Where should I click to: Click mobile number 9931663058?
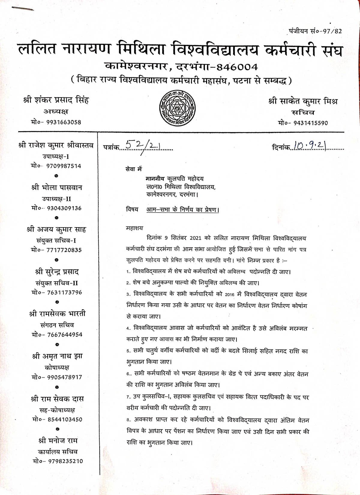[x=64, y=122]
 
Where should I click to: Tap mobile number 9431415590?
[x=310, y=123]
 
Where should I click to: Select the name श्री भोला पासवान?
[x=56, y=187]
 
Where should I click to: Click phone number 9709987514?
[x=64, y=166]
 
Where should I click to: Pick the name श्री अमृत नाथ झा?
[x=57, y=356]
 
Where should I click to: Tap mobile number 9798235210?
[x=65, y=461]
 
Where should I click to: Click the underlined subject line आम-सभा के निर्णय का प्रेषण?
[x=183, y=210]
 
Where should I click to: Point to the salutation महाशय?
[x=135, y=228]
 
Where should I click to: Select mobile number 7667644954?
[x=64, y=334]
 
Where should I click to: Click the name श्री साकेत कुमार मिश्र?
[x=303, y=101]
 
